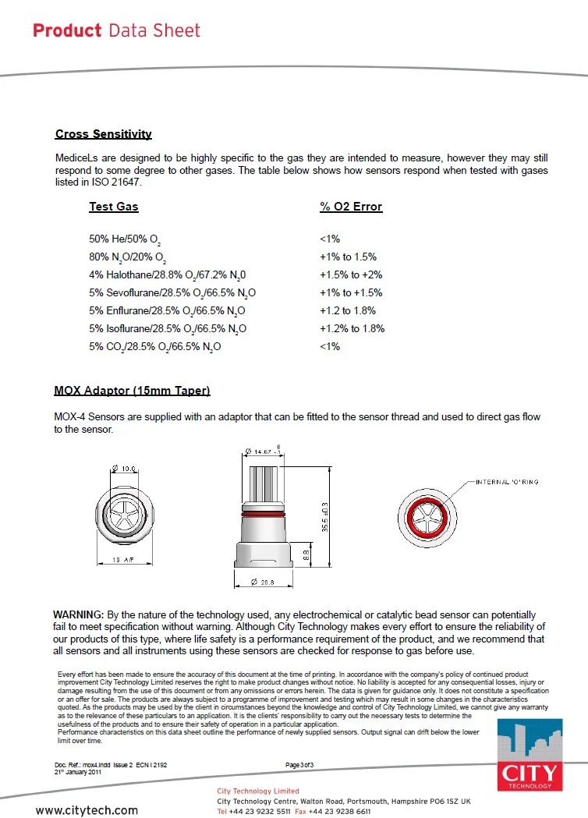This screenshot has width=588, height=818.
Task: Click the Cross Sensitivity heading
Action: pos(103,134)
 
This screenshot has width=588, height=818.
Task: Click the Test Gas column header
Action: pos(114,207)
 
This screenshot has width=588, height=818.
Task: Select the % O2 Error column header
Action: pos(351,207)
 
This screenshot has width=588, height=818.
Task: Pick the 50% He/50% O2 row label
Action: pos(126,239)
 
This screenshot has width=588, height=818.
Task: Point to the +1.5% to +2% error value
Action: pos(351,275)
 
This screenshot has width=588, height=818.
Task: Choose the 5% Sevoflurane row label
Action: pos(172,293)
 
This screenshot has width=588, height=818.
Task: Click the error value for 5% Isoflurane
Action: pos(352,329)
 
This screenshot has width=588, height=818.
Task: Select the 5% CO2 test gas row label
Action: pos(155,347)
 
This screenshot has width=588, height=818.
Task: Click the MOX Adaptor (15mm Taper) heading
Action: pos(132,390)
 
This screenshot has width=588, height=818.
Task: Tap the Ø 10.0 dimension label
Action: pos(126,469)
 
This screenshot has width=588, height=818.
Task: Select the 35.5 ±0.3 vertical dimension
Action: pos(324,517)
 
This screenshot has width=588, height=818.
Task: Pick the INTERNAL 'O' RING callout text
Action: pos(507,482)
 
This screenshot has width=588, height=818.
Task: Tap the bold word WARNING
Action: pos(78,615)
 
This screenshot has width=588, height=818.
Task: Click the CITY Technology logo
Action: pos(530,756)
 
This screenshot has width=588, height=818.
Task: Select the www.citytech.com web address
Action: pos(87,810)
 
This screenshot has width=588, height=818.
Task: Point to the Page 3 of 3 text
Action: pos(299,765)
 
